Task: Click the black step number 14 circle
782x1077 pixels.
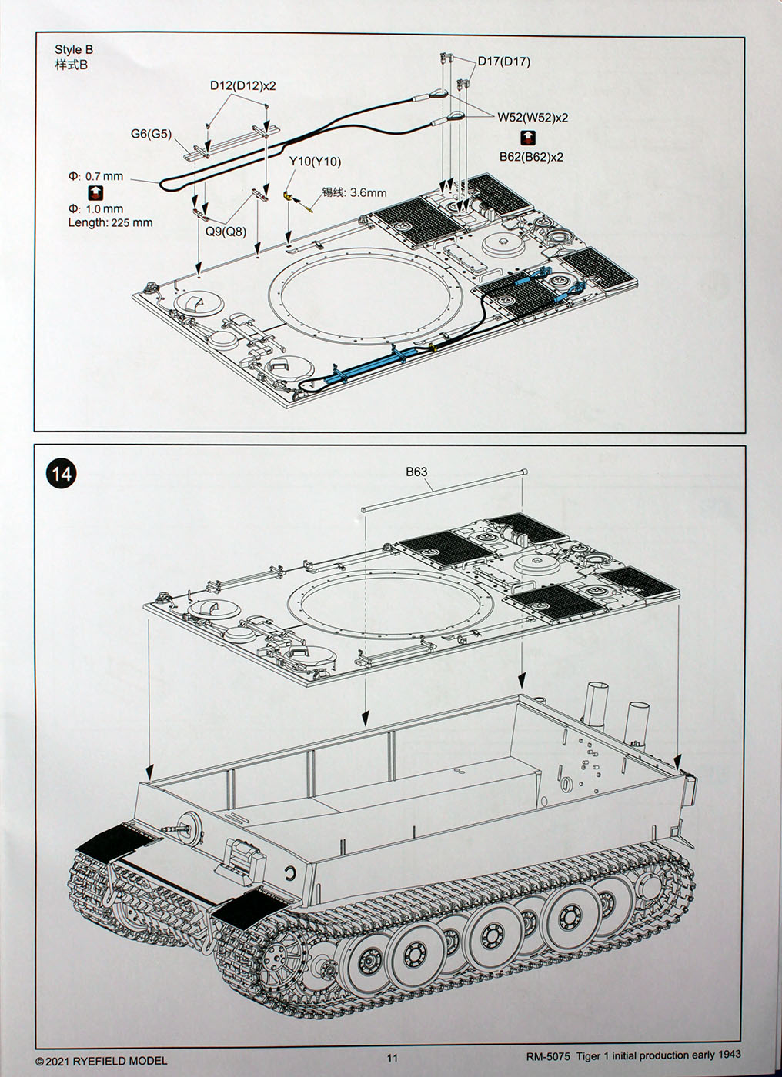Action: [62, 474]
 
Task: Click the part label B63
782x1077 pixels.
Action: [416, 472]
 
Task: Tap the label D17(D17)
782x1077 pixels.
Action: [503, 62]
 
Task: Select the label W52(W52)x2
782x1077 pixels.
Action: [533, 118]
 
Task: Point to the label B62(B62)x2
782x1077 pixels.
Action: [531, 157]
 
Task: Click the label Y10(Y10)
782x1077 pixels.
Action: [315, 162]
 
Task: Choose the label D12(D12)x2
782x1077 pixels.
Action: [242, 86]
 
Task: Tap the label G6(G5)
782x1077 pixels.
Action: [150, 134]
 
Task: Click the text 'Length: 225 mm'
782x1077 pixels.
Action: [110, 223]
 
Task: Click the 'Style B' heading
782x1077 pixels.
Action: [74, 50]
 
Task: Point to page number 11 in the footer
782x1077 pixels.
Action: [393, 1058]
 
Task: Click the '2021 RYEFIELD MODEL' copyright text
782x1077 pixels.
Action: [101, 1061]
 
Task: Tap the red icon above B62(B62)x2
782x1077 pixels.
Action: [530, 138]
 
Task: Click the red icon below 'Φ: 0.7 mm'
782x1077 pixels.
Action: [95, 192]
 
